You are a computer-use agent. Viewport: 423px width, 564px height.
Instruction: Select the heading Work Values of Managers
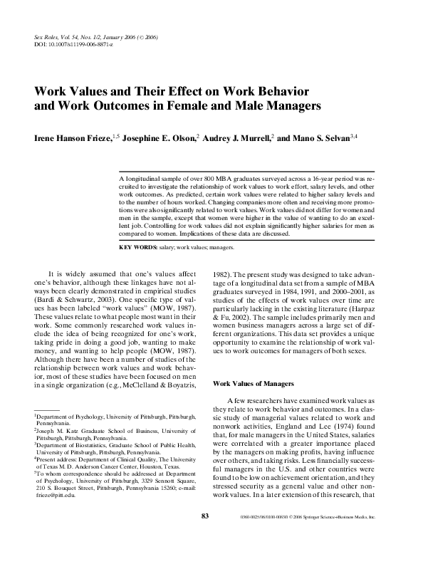[x=256, y=384]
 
